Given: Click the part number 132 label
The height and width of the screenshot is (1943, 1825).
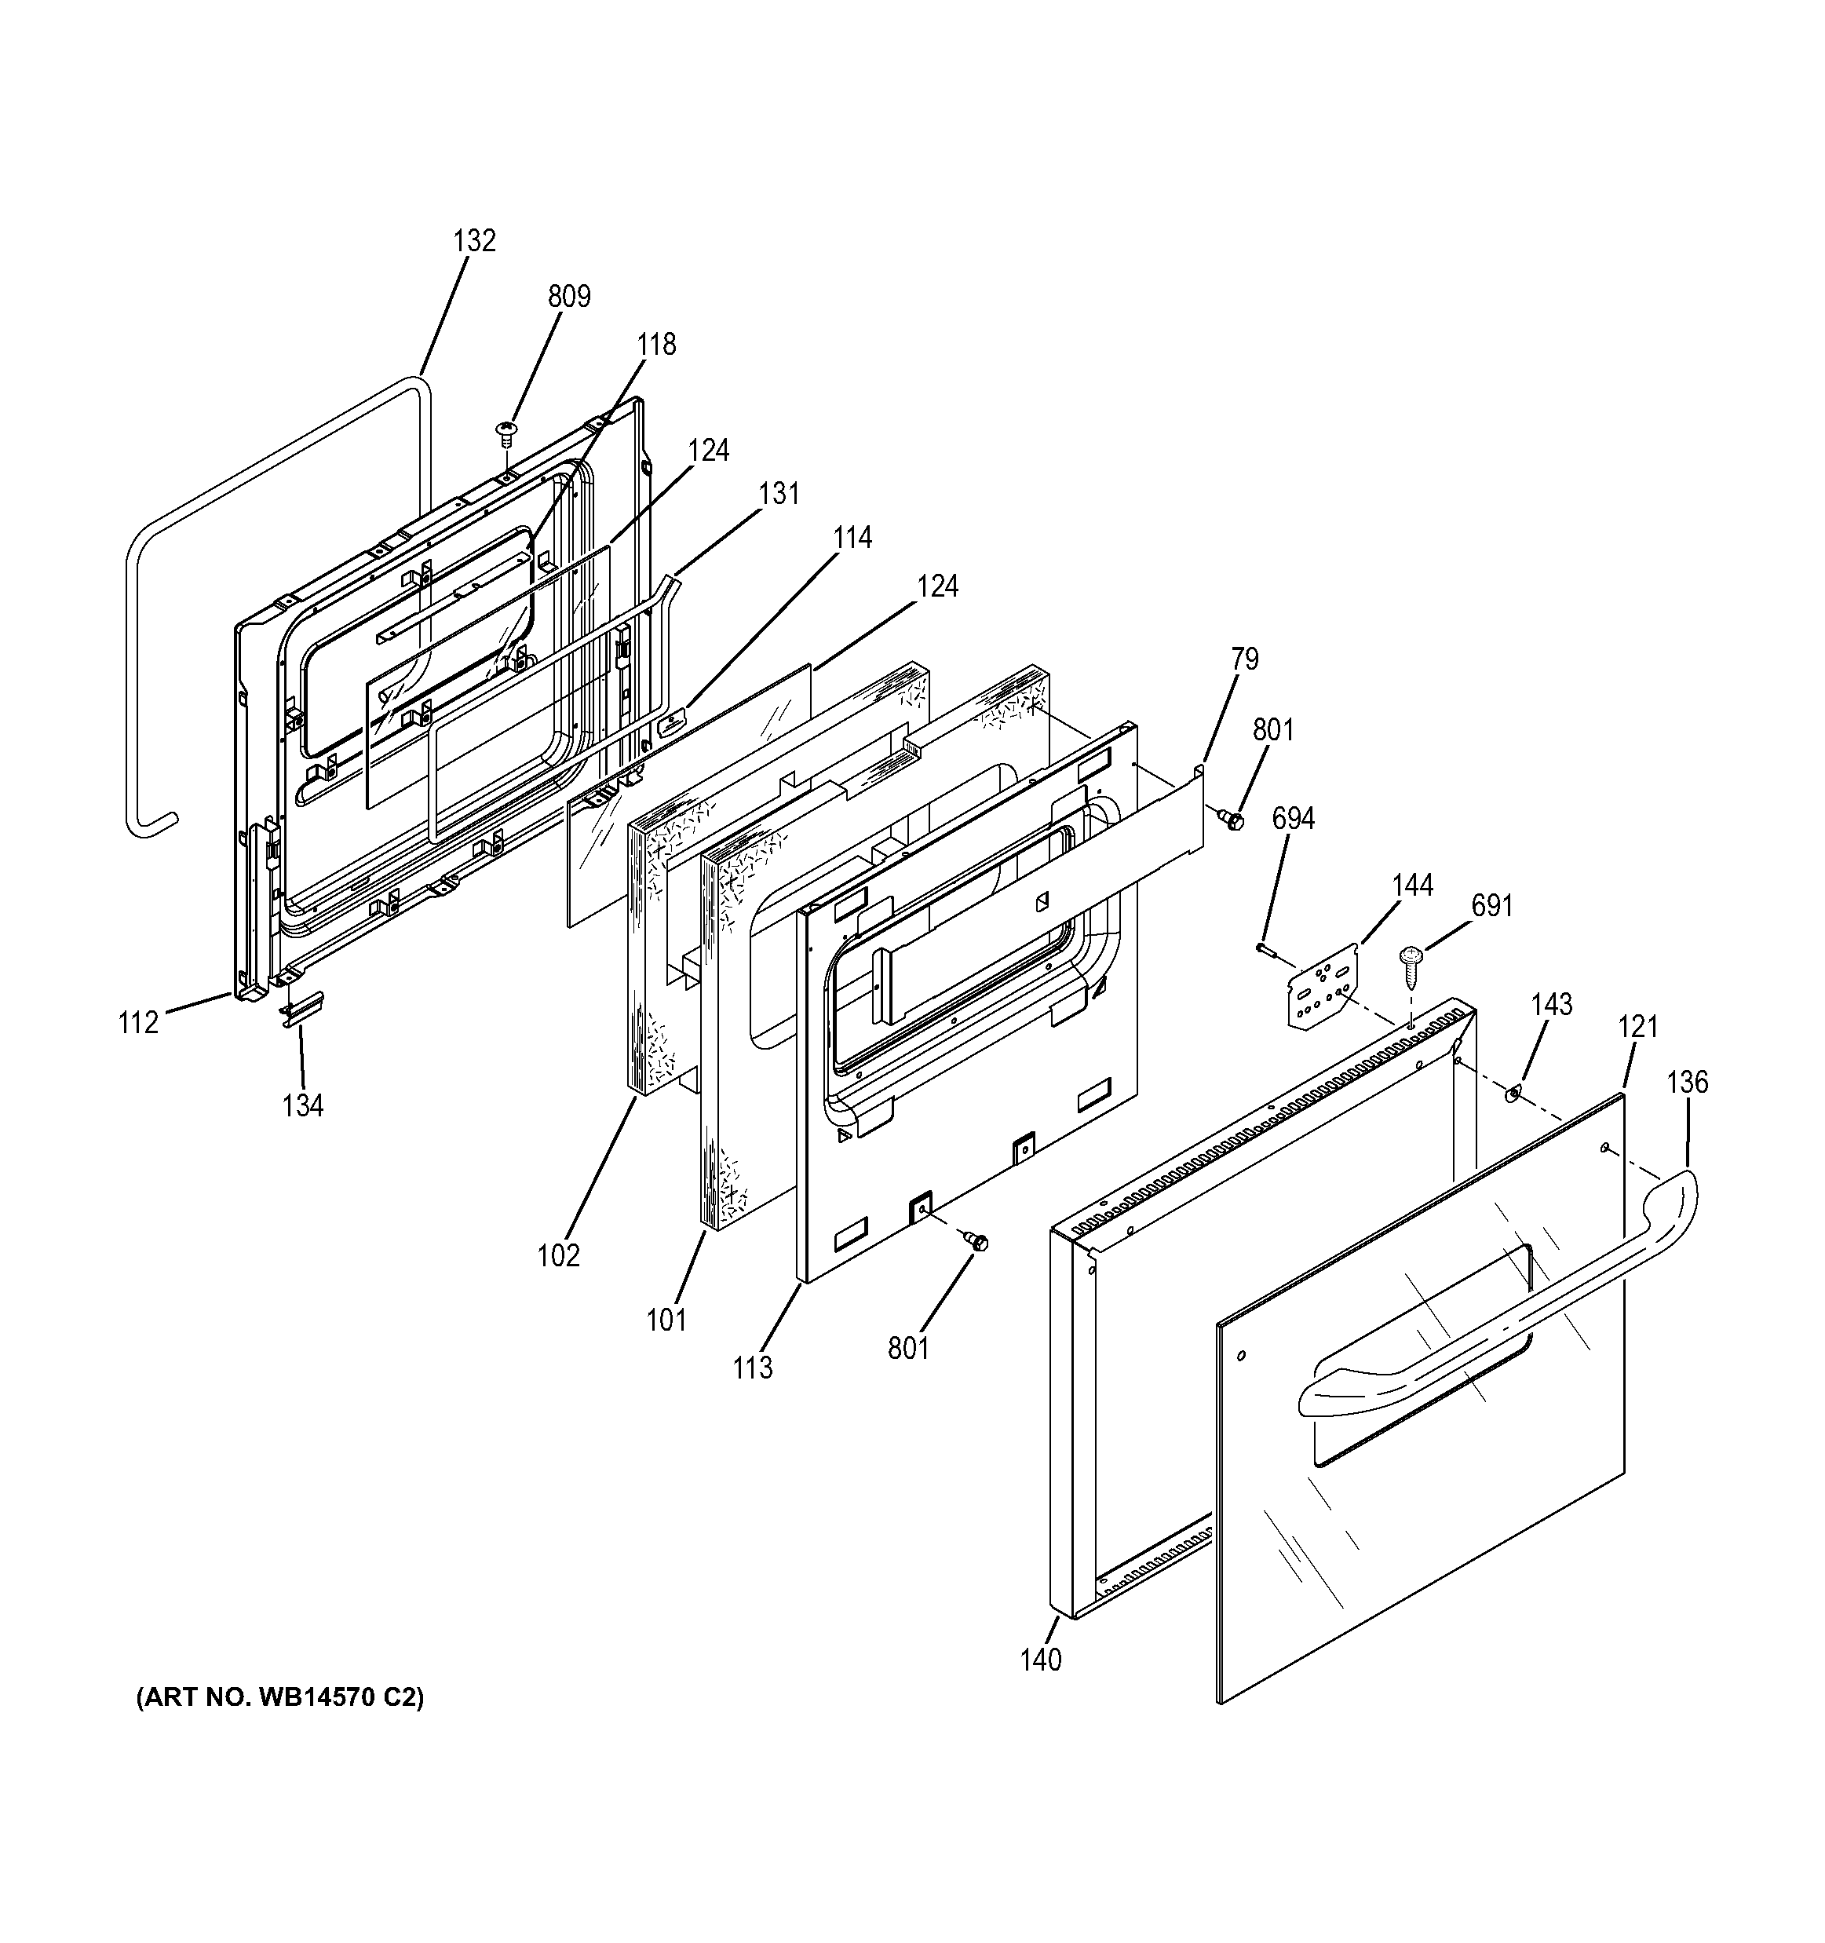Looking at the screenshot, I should tap(475, 240).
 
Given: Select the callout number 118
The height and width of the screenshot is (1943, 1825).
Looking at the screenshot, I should tap(656, 344).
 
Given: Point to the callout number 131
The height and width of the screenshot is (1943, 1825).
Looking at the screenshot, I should tap(779, 494).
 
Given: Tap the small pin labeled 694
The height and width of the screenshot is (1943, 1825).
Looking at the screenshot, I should tap(1266, 946).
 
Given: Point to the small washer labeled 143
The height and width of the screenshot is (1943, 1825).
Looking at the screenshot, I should tap(1514, 1090).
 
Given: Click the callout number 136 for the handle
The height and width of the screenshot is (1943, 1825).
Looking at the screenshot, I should tap(1688, 1082).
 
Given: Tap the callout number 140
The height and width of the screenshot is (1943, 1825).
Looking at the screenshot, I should tap(1041, 1660).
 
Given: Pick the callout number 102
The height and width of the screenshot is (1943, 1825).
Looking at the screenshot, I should tap(559, 1255).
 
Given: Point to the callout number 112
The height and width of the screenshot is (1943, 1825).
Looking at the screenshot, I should tap(139, 1023).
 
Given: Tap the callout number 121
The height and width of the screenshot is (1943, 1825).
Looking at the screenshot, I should tap(1638, 1026).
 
